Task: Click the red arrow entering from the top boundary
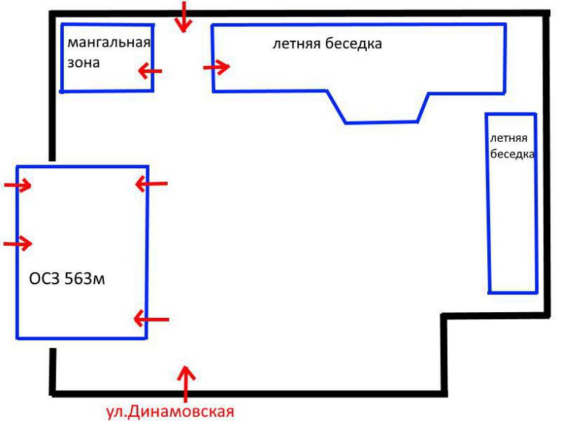pos(184,16)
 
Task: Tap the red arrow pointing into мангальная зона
pos(150,71)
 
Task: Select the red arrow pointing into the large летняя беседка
pos(216,67)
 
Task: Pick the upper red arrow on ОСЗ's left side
pos(17,185)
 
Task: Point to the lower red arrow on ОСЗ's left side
pos(18,243)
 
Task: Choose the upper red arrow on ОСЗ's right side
pos(151,184)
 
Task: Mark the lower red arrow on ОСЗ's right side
pos(151,319)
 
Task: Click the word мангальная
pos(109,42)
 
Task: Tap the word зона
pos(83,62)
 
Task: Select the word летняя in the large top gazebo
pos(296,44)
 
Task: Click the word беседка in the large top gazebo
pos(353,44)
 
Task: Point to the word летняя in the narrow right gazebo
pos(509,138)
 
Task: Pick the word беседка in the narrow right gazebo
pos(512,154)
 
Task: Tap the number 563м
pos(85,279)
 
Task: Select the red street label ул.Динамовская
pos(171,412)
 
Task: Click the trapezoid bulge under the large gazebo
pos(380,122)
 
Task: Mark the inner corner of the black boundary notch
pos(444,316)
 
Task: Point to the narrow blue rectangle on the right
pos(537,204)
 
